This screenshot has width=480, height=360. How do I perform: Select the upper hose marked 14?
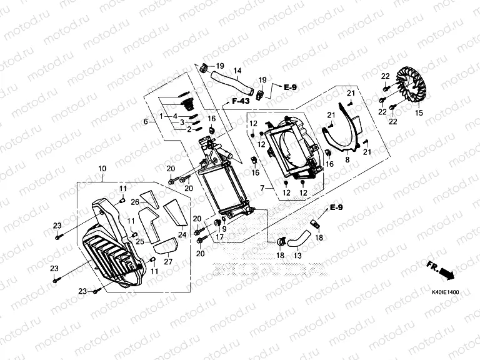click(x=227, y=82)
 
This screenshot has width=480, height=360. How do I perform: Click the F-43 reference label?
click(x=240, y=101)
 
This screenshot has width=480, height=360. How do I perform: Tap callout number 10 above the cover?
click(x=102, y=169)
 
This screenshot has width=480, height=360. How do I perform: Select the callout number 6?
click(x=146, y=121)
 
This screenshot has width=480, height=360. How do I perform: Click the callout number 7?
click(x=264, y=187)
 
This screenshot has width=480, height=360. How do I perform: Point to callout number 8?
click(x=347, y=160)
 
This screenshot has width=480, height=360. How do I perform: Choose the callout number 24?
click(x=182, y=235)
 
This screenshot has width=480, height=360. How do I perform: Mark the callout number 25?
click(x=140, y=241)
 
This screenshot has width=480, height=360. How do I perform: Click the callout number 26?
click(x=134, y=202)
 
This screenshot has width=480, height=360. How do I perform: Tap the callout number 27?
click(x=168, y=262)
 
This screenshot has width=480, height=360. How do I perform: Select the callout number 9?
click(x=224, y=229)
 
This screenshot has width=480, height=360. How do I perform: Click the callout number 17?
click(x=220, y=237)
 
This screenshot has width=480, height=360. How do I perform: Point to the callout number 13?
click(x=297, y=256)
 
